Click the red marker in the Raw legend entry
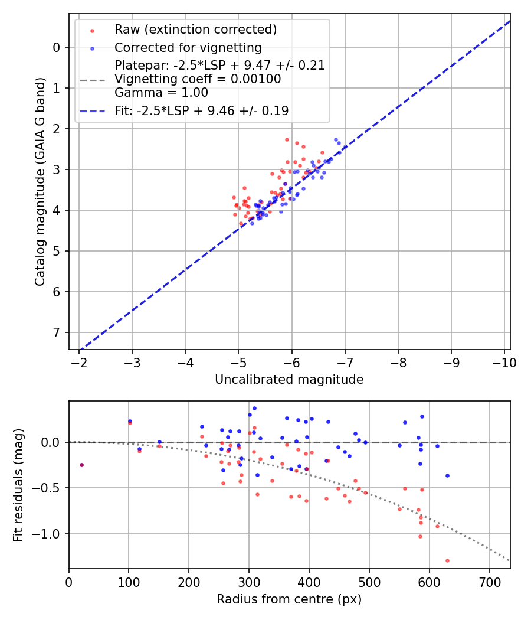[x=92, y=30]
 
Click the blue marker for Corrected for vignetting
[x=92, y=47]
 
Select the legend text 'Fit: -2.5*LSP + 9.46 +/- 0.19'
[x=201, y=110]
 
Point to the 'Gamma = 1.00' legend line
[x=161, y=92]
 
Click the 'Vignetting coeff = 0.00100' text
[x=198, y=79]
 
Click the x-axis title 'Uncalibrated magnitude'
[x=289, y=379]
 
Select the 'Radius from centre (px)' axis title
[x=289, y=599]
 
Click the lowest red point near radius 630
[x=447, y=560]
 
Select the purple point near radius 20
[x=81, y=465]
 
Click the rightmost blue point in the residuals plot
[x=447, y=475]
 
